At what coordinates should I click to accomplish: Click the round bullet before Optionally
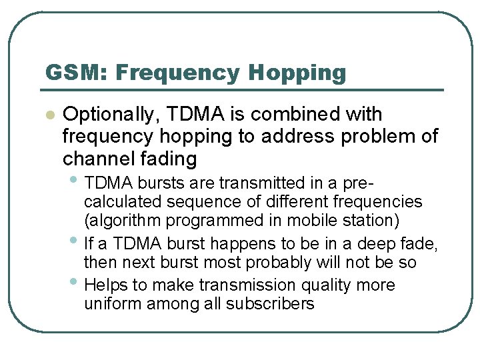(48, 115)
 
